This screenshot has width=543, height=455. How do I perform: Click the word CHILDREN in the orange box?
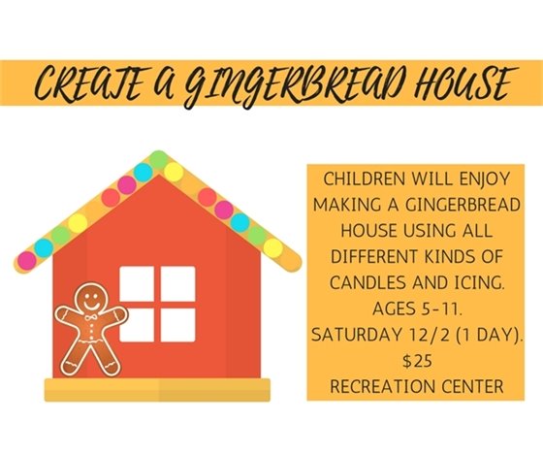[x=364, y=182]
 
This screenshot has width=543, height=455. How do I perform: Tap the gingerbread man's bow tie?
[x=92, y=317]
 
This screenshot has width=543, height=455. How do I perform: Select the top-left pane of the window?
[x=137, y=283]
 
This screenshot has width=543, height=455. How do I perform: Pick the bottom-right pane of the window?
[x=177, y=324]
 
